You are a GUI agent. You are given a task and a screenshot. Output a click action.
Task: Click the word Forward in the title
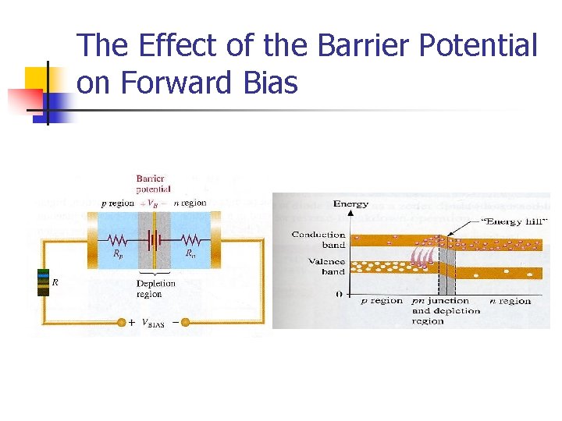pos(176,82)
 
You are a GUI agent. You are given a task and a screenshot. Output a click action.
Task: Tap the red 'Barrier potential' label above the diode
pos(153,183)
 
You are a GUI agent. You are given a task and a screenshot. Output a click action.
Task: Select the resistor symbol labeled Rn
pos(189,239)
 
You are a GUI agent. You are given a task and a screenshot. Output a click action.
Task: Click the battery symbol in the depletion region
pos(155,239)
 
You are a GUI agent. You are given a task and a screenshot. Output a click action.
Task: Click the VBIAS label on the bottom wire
pos(153,323)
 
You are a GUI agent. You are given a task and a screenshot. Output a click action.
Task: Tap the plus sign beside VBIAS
pos(132,322)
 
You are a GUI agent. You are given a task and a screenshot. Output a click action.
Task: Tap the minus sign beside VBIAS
pos(174,322)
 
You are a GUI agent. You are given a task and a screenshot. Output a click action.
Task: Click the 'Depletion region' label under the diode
pos(155,288)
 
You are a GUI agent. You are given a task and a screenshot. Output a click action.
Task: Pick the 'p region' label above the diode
pos(117,203)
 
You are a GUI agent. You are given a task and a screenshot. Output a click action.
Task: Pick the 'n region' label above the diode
pos(190,203)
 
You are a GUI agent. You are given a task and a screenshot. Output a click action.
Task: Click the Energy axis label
pos(350,204)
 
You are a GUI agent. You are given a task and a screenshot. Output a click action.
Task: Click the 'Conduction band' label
pos(318,239)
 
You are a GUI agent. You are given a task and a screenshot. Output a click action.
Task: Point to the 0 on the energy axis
pos(340,295)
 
